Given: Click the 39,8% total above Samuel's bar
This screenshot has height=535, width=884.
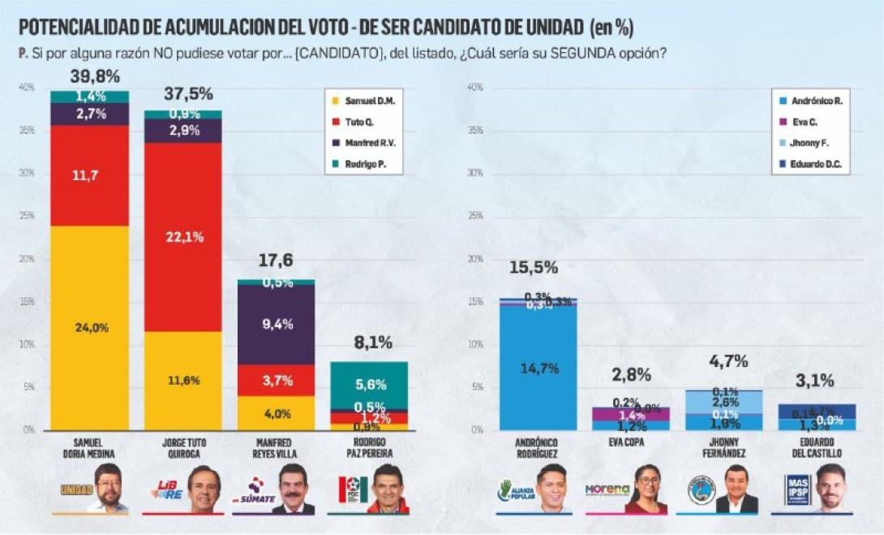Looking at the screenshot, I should click(89, 77).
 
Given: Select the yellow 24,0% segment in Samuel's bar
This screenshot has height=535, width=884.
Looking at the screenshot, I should click(89, 328).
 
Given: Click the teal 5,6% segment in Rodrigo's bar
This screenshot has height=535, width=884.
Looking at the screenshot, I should click(368, 385).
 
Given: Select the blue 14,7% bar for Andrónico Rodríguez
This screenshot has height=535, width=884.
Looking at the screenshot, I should click(538, 368).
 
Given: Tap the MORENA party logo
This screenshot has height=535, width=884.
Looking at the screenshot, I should click(607, 490).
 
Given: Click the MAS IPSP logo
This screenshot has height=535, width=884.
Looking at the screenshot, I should click(797, 490).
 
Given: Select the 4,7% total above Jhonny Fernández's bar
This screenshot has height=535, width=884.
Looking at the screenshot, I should click(727, 362).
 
